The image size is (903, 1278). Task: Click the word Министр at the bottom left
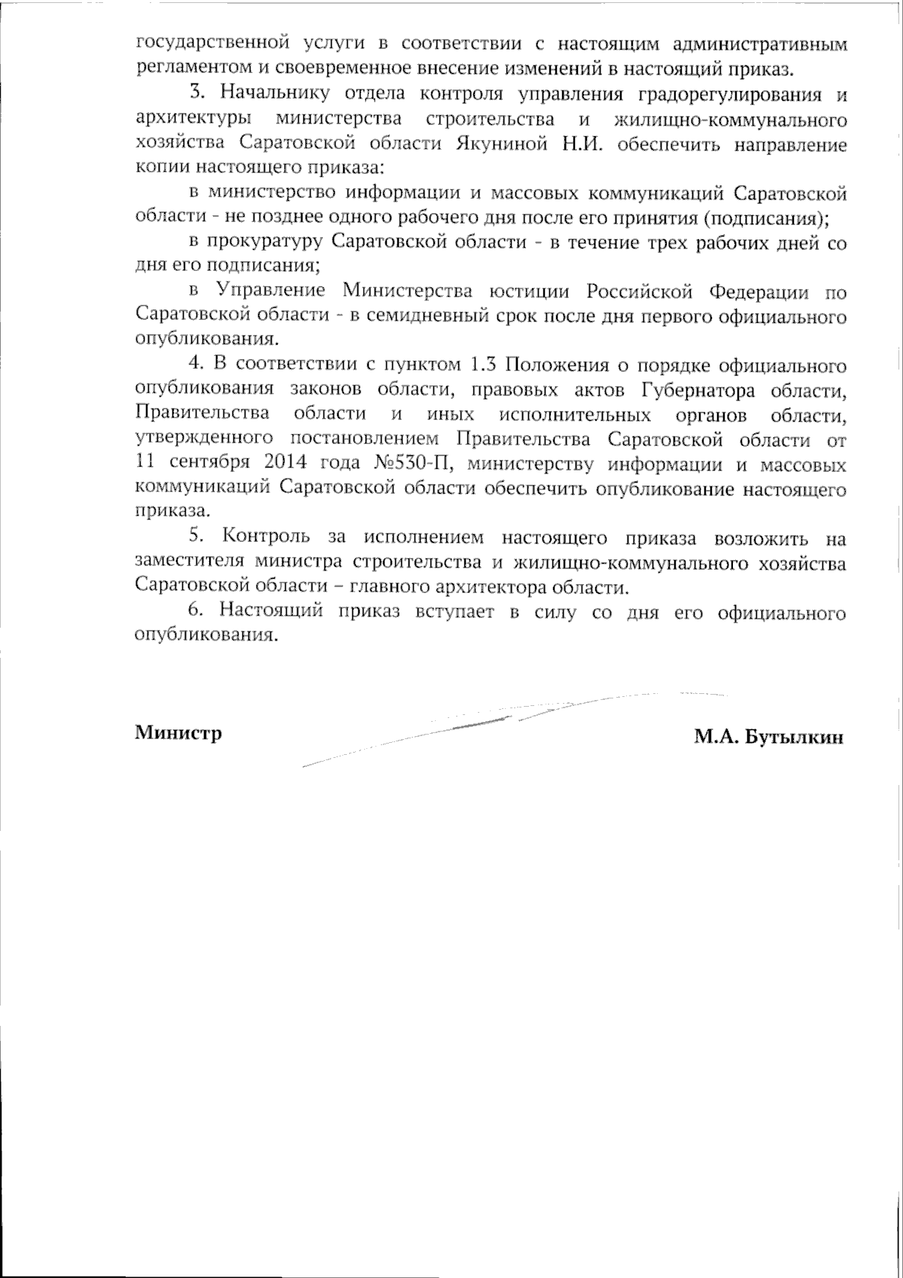178,733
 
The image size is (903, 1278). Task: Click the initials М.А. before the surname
716,737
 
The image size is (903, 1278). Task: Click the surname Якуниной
502,145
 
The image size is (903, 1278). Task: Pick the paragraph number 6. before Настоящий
196,612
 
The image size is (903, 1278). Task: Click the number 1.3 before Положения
482,366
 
